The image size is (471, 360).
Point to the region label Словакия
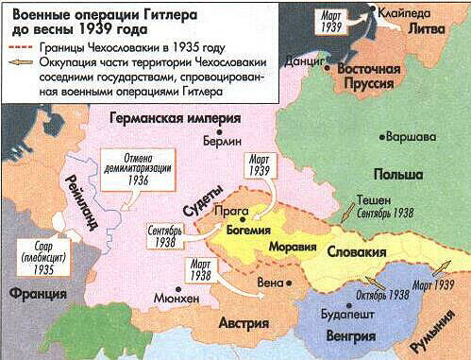pos(357,254)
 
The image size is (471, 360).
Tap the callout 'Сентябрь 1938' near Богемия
pos(169,233)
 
